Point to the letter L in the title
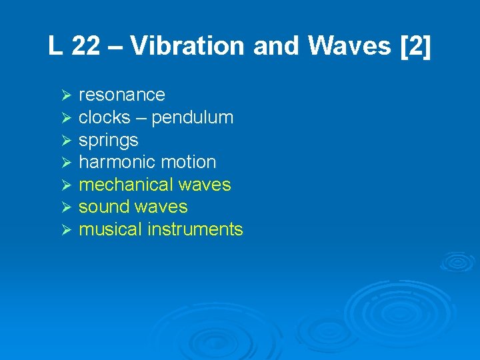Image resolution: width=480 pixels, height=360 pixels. (x=55, y=46)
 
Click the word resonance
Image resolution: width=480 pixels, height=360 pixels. (x=121, y=95)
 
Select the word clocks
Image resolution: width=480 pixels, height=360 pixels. (x=104, y=117)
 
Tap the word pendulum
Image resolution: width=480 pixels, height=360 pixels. (x=192, y=118)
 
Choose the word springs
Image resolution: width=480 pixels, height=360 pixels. (x=108, y=141)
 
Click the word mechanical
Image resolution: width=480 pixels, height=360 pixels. (x=122, y=184)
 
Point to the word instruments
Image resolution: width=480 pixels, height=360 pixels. (x=195, y=229)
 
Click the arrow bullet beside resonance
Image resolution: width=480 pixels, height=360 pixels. (x=65, y=95)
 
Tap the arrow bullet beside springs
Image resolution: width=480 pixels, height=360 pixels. (x=65, y=140)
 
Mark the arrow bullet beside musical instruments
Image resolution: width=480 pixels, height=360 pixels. (x=65, y=229)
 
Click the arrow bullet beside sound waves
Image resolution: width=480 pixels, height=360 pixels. (x=65, y=207)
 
